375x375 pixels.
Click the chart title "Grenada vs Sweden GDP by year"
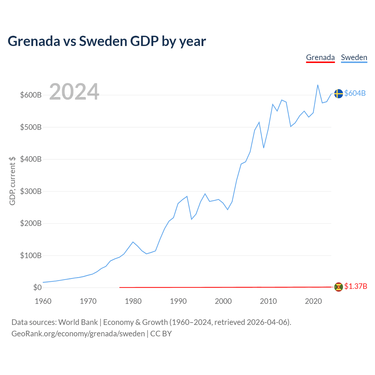click(x=107, y=41)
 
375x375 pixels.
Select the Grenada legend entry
click(x=320, y=57)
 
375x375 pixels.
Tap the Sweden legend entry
click(x=354, y=57)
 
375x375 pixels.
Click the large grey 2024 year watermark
click(x=74, y=92)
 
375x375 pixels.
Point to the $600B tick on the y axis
click(x=31, y=95)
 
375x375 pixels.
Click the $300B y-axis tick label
click(x=31, y=191)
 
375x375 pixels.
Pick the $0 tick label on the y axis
click(x=37, y=287)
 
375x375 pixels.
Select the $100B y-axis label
click(x=31, y=255)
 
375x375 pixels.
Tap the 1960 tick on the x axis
click(x=43, y=301)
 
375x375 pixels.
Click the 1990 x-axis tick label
click(x=178, y=301)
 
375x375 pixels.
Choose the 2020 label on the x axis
click(x=313, y=301)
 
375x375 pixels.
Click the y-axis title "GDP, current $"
click(x=12, y=181)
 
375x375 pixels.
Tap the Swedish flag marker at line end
click(x=338, y=93)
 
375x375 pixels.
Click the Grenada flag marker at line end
click(x=338, y=287)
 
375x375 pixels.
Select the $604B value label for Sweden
click(x=355, y=93)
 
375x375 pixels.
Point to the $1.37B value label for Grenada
click(x=356, y=286)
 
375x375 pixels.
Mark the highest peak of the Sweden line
click(x=318, y=85)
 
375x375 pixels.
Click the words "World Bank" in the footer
click(x=78, y=322)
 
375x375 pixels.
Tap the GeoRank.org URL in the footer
click(x=78, y=334)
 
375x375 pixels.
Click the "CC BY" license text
click(x=161, y=334)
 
